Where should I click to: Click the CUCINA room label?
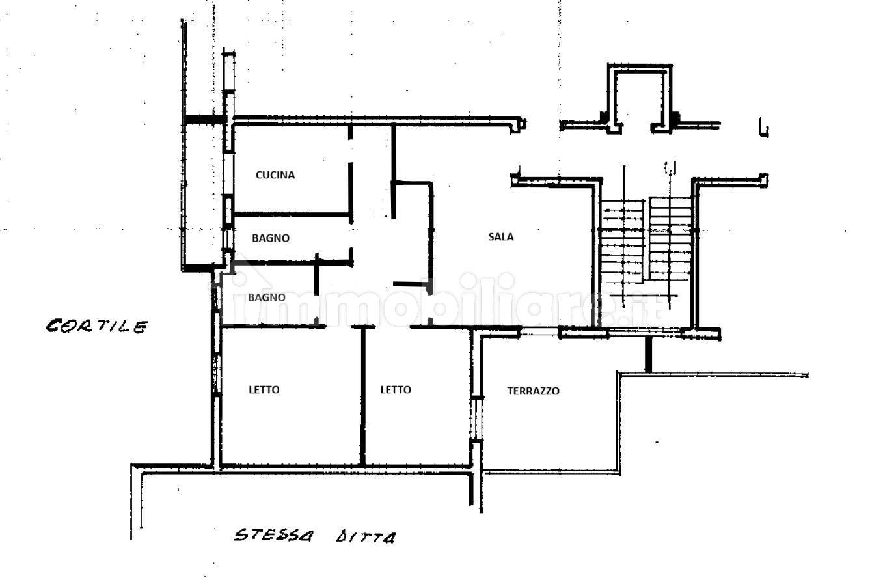(275, 175)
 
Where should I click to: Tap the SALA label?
(500, 236)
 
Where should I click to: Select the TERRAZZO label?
(534, 391)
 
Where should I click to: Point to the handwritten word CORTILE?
(97, 326)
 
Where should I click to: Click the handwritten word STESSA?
(273, 535)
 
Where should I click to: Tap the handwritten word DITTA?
(366, 537)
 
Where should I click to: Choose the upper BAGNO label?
(271, 238)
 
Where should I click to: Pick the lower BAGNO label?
(267, 297)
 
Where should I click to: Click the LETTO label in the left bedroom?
(264, 390)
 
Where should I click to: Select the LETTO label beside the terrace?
(396, 390)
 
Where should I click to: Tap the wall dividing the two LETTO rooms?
(363, 396)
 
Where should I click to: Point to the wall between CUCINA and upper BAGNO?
(292, 214)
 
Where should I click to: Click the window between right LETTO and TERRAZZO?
(476, 419)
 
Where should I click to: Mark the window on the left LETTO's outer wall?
(217, 375)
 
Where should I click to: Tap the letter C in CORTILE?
(53, 326)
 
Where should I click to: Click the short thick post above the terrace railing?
(648, 355)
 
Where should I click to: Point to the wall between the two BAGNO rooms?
(292, 263)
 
